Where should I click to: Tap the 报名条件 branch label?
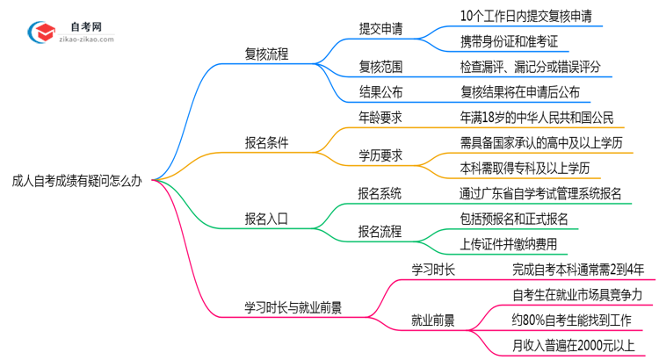coord(266,142)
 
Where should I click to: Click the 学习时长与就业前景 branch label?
coord(293,306)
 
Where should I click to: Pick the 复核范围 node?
coord(380,66)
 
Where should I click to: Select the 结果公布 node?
coord(380,91)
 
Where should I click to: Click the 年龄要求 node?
coord(380,118)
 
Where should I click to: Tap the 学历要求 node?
coord(380,155)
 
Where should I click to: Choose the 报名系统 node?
coord(380,193)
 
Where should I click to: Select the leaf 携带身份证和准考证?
coord(509,40)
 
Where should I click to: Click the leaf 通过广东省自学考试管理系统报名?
coord(540,193)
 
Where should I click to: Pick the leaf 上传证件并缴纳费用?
coord(508,244)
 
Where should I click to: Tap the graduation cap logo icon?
coord(41,33)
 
